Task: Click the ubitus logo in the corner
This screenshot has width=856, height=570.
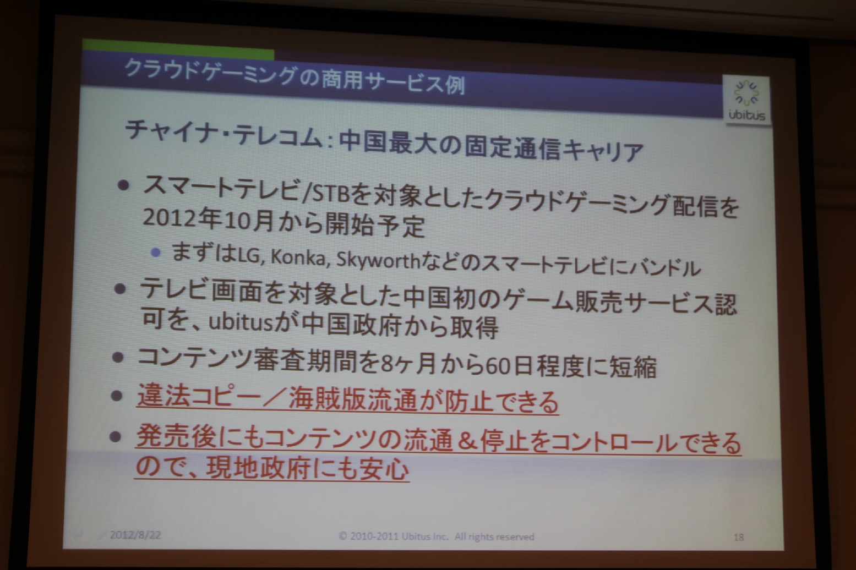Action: [746, 101]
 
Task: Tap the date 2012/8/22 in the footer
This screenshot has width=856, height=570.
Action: [135, 534]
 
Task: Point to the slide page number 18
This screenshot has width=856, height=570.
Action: [739, 537]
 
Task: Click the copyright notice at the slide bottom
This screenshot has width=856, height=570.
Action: [436, 536]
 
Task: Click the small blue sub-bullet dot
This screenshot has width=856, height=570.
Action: [156, 253]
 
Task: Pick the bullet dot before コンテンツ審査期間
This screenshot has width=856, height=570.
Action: [118, 358]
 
